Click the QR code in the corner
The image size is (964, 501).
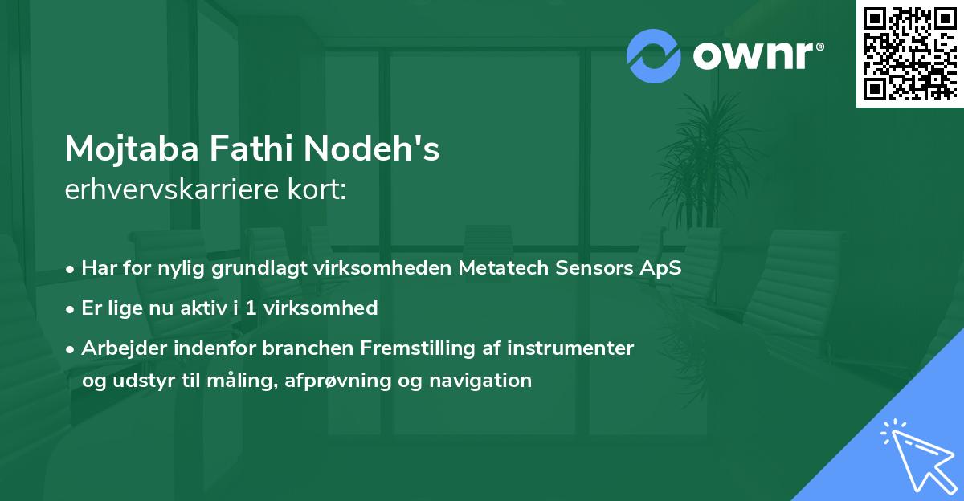tap(909, 53)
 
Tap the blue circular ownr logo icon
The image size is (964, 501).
tap(654, 55)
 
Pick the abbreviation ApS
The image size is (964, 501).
tap(660, 268)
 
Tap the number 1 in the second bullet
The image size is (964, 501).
tap(253, 308)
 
